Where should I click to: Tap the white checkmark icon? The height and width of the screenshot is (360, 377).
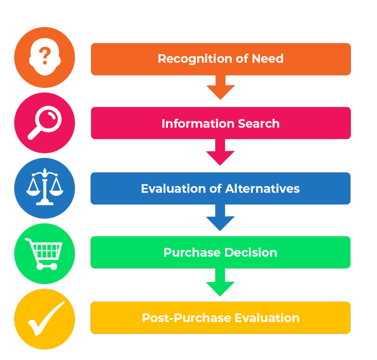click(x=45, y=319)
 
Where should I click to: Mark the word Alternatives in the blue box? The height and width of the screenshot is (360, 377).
click(x=260, y=189)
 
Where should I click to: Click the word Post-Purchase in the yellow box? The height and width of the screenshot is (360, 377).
click(x=185, y=318)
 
